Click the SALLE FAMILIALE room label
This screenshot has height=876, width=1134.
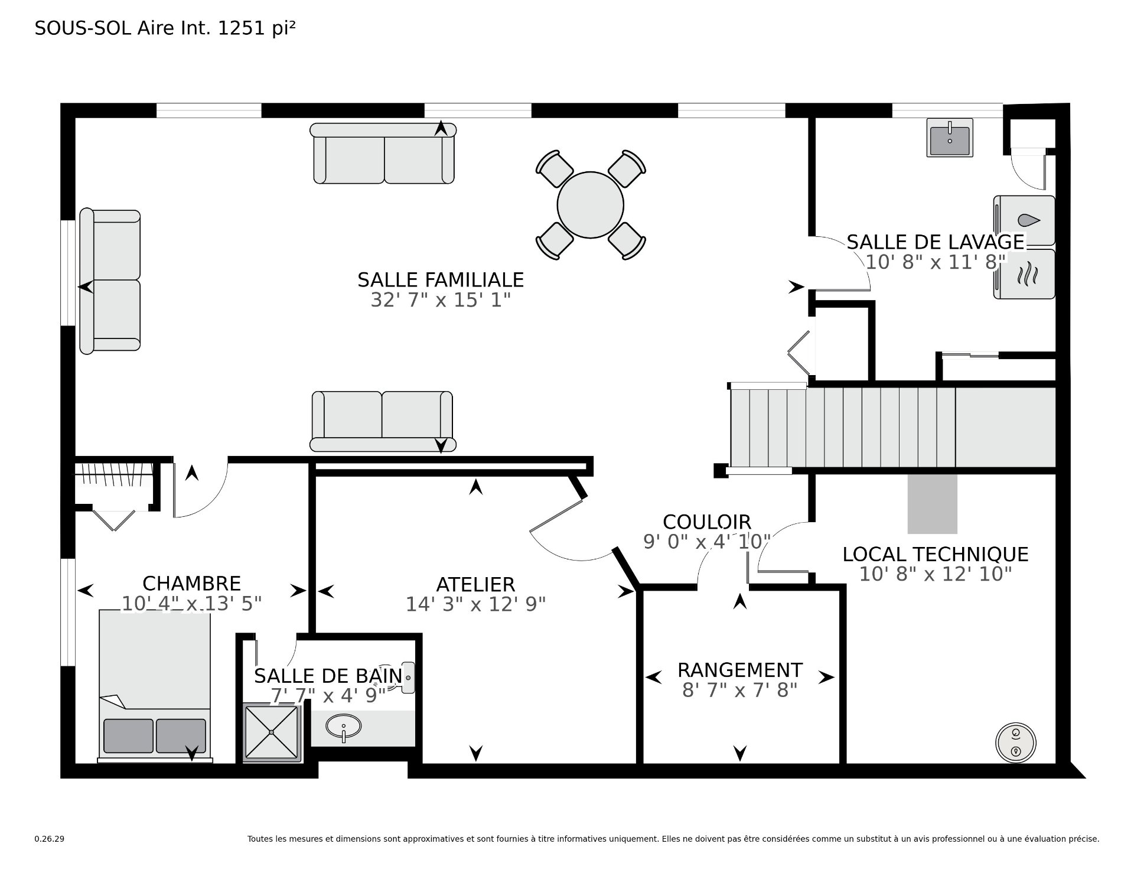tap(441, 279)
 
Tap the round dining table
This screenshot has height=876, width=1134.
tap(590, 205)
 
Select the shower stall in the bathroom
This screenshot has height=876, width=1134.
tap(272, 732)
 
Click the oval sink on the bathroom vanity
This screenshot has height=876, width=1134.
tap(344, 726)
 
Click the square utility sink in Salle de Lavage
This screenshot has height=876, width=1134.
tap(949, 138)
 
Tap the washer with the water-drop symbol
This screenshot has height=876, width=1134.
tap(1024, 220)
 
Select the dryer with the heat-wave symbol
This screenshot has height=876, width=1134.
tap(1024, 274)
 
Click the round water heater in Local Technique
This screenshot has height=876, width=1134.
tap(1016, 743)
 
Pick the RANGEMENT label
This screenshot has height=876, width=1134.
tap(739, 670)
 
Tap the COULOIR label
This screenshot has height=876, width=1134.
tap(706, 522)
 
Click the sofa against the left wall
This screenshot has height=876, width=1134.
tap(110, 281)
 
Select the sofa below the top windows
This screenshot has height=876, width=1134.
tap(383, 153)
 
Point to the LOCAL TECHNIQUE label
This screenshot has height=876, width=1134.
tap(935, 554)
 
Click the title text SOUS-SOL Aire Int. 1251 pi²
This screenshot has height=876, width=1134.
tap(165, 28)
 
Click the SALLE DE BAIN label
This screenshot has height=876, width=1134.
tap(328, 675)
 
